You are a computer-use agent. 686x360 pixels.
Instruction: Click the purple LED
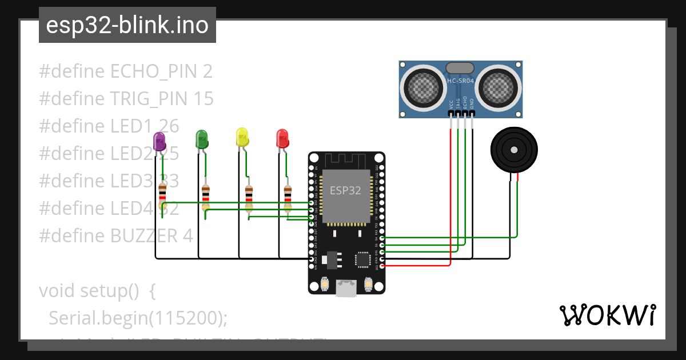coord(159,141)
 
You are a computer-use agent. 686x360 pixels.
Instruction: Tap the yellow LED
coord(242,137)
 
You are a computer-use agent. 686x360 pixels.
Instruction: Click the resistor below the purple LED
coord(162,193)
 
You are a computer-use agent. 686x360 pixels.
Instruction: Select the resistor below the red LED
coord(288,196)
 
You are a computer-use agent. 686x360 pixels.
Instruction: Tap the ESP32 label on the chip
coord(344,191)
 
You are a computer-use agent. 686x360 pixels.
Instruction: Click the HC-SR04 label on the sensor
coord(461,81)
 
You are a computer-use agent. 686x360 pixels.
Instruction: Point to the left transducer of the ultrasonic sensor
coord(424,87)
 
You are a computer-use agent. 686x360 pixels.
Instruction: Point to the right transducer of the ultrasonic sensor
coord(497,87)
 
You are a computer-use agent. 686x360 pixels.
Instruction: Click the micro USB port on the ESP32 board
coord(345,288)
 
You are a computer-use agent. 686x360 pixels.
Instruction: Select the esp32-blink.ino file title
coord(127,26)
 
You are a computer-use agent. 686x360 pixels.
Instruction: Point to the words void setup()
coord(89,290)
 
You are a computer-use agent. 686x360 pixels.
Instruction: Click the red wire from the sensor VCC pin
coord(451,194)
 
